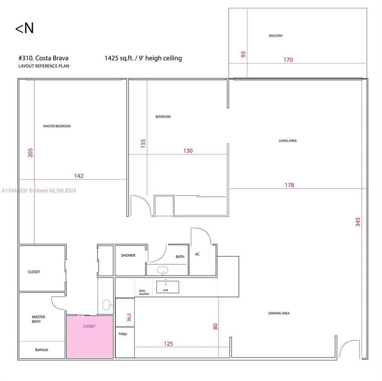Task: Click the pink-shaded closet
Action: click(x=90, y=337)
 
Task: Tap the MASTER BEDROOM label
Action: click(x=57, y=126)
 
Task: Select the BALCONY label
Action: click(x=276, y=36)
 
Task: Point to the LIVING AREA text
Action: click(x=288, y=141)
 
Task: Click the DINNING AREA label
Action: click(x=279, y=313)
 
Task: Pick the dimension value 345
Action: click(x=358, y=222)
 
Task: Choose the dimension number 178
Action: click(x=289, y=185)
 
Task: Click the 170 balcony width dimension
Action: click(x=288, y=60)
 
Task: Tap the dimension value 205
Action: click(x=31, y=152)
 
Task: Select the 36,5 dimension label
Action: click(x=129, y=318)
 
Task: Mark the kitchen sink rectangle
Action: click(x=167, y=287)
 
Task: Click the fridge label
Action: click(x=123, y=334)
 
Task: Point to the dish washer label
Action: click(x=144, y=292)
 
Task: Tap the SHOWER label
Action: click(x=128, y=256)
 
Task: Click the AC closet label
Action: click(x=197, y=254)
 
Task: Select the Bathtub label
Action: click(x=41, y=350)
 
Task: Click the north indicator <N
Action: click(x=24, y=29)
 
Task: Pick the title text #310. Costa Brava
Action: click(x=43, y=58)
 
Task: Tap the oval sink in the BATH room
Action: click(x=163, y=269)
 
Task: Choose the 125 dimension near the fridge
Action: click(x=168, y=344)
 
